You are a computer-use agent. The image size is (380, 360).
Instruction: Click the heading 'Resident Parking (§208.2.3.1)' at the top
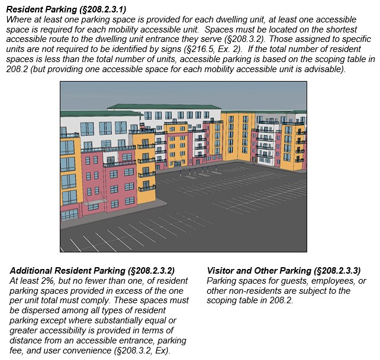pyautogui.click(x=66, y=9)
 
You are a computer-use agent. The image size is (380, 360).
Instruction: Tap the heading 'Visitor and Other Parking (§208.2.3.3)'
pyautogui.click(x=284, y=270)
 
